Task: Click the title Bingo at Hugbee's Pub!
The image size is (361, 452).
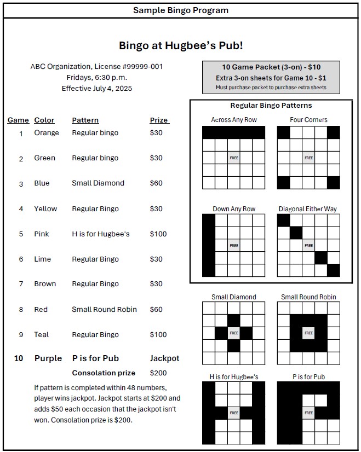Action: point(181,45)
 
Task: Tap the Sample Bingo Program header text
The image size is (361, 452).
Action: point(181,10)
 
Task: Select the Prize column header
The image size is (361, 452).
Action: point(159,120)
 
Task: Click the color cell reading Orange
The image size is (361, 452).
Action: point(46,132)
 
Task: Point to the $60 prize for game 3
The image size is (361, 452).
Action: point(156,183)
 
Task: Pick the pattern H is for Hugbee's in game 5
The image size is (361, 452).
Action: point(101,234)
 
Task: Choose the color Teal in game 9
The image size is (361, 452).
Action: point(42,334)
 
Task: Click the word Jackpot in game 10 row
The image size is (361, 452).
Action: point(164,358)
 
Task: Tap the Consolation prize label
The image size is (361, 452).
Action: point(104,373)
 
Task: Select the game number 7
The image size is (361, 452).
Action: point(21,284)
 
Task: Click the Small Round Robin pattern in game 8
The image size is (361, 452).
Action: point(104,309)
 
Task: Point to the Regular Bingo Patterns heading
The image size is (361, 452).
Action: point(271,105)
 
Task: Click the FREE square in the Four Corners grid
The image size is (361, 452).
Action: point(308,158)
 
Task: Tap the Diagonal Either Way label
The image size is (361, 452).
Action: point(308,209)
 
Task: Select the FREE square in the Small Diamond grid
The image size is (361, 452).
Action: point(234,333)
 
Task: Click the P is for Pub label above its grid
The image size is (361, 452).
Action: point(308,377)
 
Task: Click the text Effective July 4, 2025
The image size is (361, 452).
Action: point(97,88)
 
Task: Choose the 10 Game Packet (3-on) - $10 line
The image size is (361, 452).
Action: point(271,67)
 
